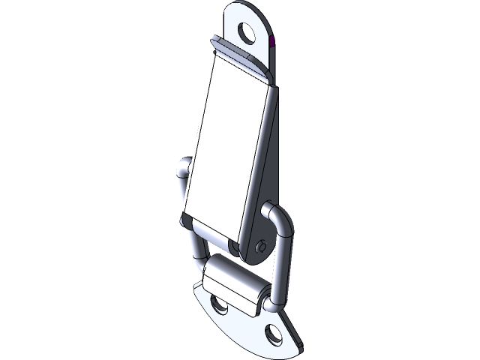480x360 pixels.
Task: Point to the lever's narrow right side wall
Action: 259,157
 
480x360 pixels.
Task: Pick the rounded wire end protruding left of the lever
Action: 182,169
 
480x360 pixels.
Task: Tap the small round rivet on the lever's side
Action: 260,245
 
